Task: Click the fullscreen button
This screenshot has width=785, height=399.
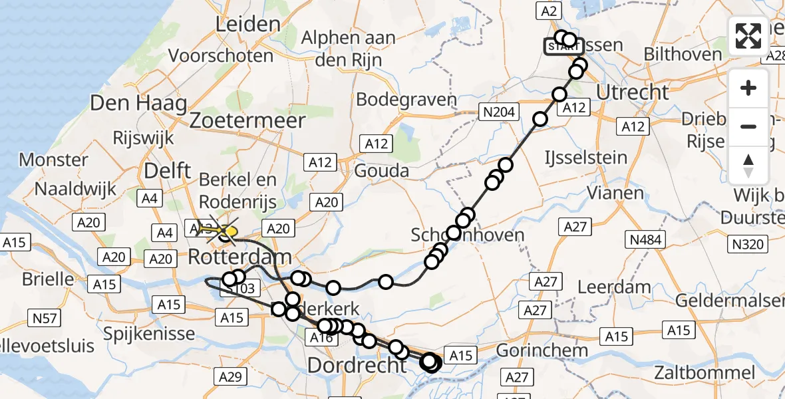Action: click(x=748, y=36)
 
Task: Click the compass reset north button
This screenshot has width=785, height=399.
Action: click(x=748, y=166)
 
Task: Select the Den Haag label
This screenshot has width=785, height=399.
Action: click(x=138, y=103)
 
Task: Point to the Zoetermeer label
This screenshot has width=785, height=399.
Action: click(x=247, y=120)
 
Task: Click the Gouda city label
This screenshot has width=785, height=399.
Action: click(x=381, y=171)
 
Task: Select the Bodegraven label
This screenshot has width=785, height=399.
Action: click(x=406, y=100)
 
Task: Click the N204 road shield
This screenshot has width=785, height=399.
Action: click(x=499, y=112)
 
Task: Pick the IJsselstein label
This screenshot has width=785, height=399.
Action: click(x=585, y=158)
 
